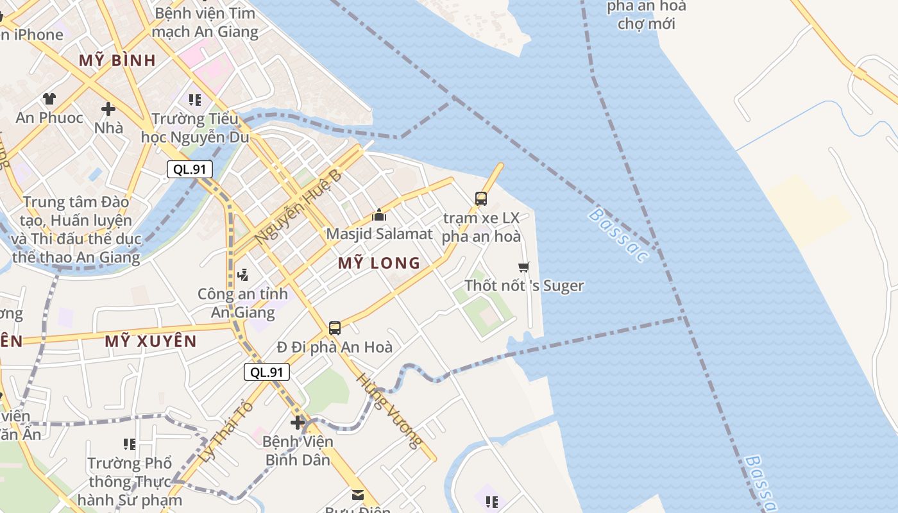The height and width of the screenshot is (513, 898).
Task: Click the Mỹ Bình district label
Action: [117, 60]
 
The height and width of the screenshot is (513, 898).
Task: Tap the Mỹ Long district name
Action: [378, 263]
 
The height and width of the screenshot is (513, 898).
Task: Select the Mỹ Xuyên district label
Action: [150, 341]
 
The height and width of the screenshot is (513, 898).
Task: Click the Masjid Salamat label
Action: [379, 233]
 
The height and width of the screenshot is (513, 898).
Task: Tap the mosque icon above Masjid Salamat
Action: [379, 215]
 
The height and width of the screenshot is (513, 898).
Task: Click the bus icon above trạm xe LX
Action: [481, 199]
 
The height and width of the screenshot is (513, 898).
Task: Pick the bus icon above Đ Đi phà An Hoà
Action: [335, 328]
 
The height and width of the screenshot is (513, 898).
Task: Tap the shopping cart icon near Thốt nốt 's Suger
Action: [524, 267]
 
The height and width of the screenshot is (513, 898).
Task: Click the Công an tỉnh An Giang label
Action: [242, 303]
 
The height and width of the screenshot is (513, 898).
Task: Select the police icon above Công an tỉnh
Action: [242, 275]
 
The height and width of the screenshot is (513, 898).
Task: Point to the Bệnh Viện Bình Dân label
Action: [298, 451]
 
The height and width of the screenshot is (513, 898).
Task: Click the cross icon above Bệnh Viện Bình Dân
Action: [298, 423]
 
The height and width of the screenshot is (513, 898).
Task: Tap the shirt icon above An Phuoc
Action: [49, 99]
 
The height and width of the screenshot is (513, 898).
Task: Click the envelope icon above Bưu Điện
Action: [357, 495]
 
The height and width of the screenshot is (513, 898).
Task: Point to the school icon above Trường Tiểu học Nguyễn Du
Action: [195, 100]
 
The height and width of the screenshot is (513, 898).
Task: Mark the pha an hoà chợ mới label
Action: [646, 15]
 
